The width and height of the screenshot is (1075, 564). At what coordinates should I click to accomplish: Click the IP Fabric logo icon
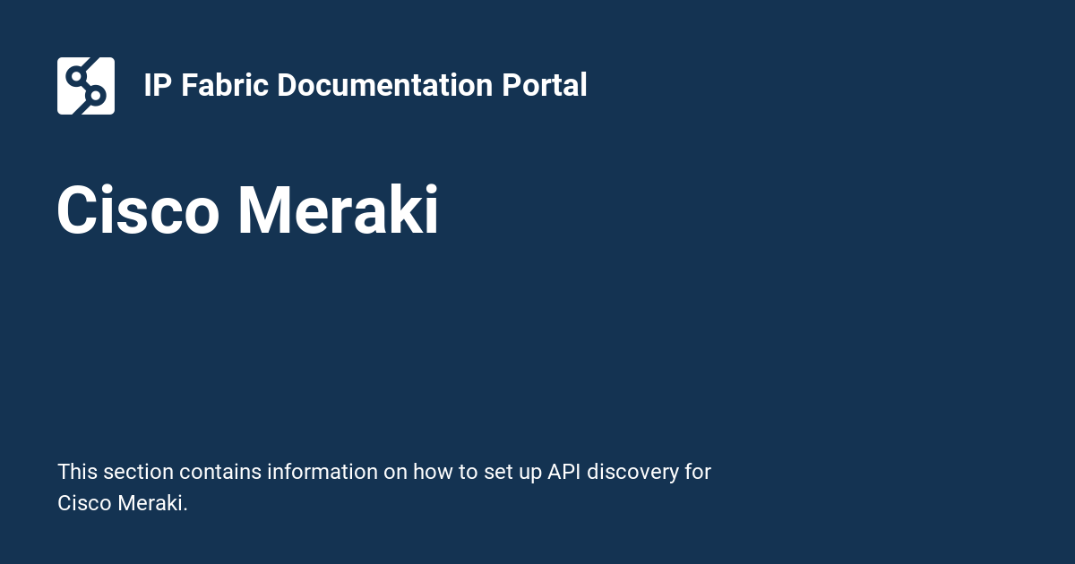(86, 86)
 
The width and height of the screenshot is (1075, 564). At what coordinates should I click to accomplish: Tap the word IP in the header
(157, 86)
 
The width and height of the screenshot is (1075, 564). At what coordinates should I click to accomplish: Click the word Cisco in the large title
(138, 211)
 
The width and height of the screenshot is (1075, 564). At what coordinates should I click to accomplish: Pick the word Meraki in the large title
(338, 211)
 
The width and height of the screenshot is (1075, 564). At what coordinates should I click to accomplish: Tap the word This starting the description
(77, 472)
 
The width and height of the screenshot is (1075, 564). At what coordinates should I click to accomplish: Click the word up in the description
(530, 472)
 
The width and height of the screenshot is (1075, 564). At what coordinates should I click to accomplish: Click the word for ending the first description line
(698, 472)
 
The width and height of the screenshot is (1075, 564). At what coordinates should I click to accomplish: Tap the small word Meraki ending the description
(152, 503)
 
